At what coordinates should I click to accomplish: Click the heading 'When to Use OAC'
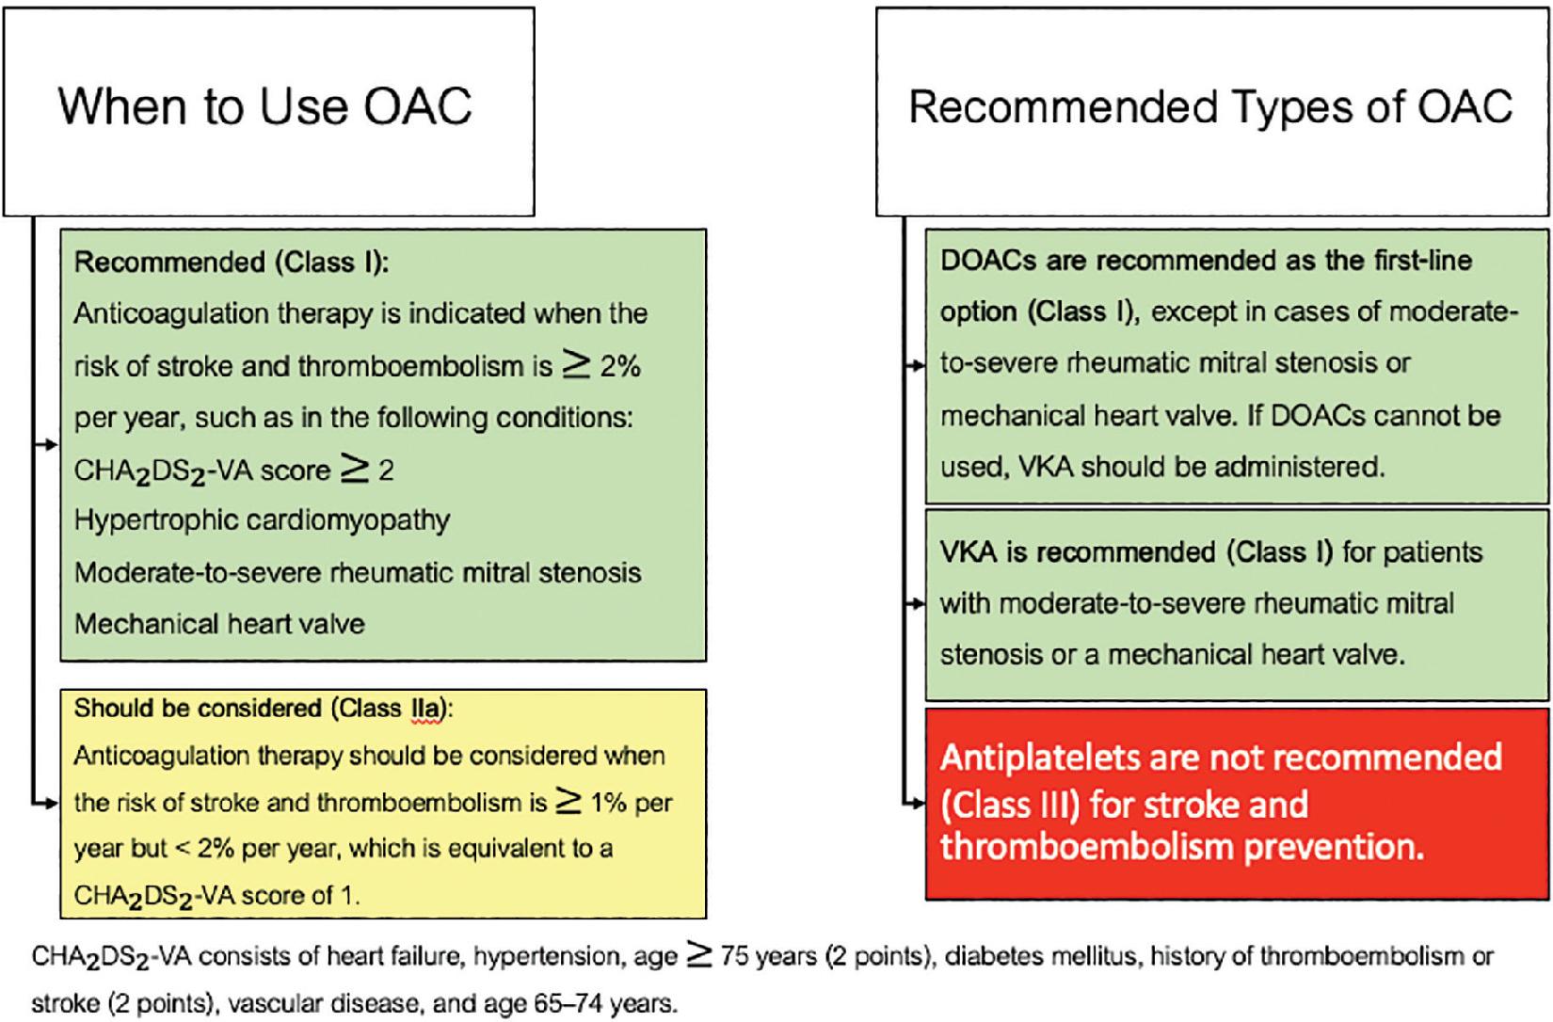tap(264, 105)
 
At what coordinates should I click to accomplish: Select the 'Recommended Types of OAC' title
tap(1210, 107)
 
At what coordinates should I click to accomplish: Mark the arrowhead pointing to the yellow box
tap(51, 803)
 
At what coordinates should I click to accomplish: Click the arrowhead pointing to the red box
tap(918, 803)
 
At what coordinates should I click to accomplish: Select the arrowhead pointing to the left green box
tap(51, 444)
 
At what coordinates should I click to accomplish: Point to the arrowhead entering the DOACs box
tap(918, 365)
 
